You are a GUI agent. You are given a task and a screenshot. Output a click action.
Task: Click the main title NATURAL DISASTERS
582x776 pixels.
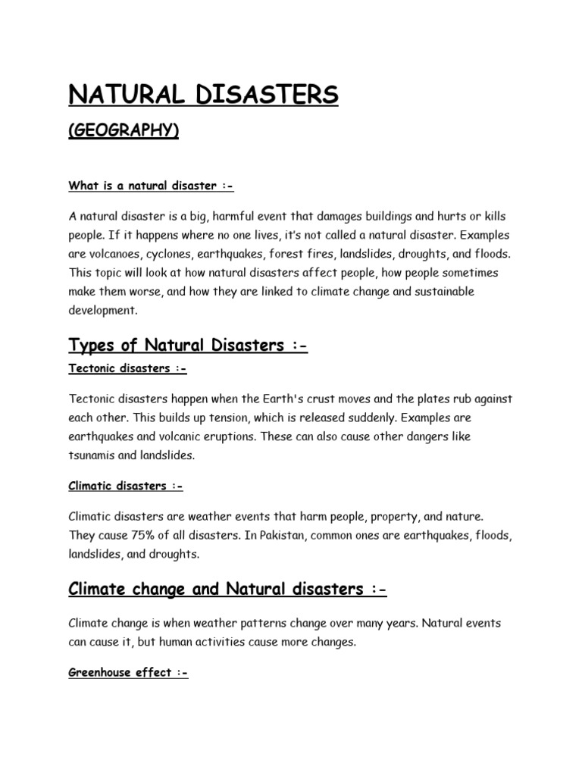(x=204, y=95)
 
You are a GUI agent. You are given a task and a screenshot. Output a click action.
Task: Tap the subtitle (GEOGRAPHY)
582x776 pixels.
(x=124, y=131)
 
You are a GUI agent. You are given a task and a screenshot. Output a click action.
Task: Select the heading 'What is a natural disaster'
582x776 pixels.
(x=146, y=186)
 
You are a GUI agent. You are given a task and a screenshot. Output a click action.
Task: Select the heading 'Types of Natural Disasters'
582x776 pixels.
(x=189, y=346)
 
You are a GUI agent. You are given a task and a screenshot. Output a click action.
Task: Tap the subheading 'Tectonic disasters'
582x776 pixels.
(x=127, y=368)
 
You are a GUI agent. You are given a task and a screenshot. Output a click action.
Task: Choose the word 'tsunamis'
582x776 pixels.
(x=93, y=455)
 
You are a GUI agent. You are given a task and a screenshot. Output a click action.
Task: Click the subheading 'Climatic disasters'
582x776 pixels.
(x=126, y=486)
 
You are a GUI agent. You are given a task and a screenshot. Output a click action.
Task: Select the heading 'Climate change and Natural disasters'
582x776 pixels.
(x=227, y=589)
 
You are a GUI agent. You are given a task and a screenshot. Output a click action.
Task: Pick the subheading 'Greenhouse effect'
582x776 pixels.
(x=128, y=672)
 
